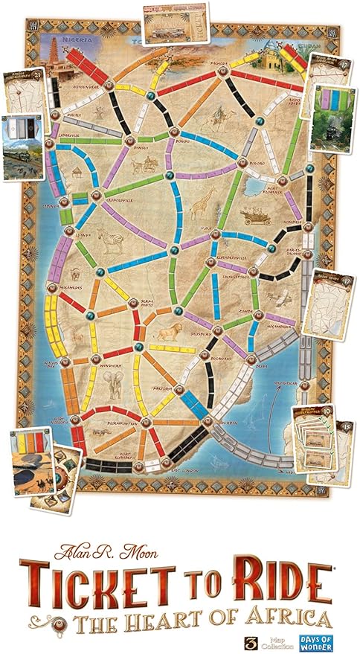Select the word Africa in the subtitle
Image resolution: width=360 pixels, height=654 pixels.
[x=275, y=617]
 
